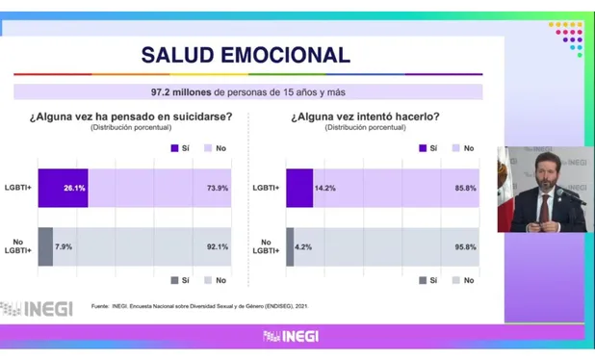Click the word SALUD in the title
coord(177,55)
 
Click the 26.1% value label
coord(74,188)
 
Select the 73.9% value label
coord(218,188)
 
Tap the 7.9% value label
coord(64,246)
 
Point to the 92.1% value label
coord(218,246)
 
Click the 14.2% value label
coord(324,188)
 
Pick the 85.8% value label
coord(466,188)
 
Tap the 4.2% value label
coord(303,247)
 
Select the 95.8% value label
coord(466,247)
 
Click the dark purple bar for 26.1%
coord(63,188)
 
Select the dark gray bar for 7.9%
coord(45,246)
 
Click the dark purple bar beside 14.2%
coord(299,188)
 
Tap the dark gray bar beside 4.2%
coord(290,247)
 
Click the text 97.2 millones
coord(181,92)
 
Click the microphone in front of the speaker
coord(571,195)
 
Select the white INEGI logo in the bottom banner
coord(291,336)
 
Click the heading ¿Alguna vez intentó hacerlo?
coord(365,116)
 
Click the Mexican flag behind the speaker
coord(505,190)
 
